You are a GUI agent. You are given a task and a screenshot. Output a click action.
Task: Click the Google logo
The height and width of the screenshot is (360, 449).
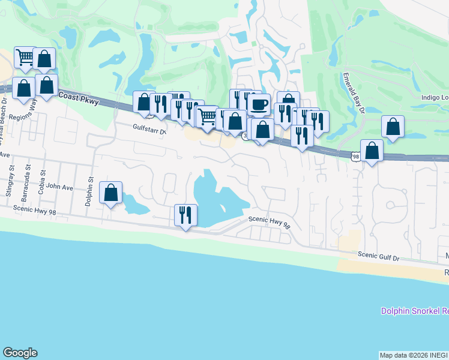[x=20, y=353]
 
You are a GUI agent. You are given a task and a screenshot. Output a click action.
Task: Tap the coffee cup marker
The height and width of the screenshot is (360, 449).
[x=259, y=104]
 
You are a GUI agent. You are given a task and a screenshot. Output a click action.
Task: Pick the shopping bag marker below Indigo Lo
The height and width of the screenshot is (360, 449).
[x=393, y=127]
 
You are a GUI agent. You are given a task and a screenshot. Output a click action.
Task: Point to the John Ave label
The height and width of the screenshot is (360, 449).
[x=59, y=188]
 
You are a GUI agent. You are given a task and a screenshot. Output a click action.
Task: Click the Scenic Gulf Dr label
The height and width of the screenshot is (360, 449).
[x=379, y=256]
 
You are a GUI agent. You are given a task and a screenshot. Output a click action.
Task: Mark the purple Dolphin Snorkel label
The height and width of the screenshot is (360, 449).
[x=415, y=311]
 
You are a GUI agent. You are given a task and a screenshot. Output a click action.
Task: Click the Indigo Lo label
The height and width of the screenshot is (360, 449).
[x=432, y=98]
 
